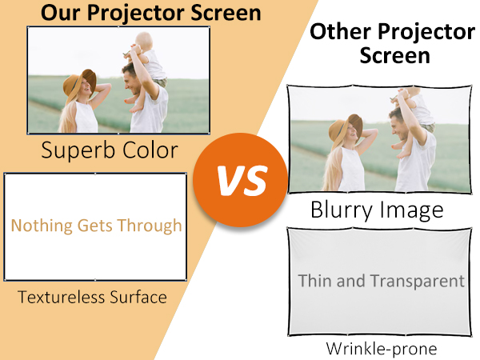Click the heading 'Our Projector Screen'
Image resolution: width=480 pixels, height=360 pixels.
coord(151,13)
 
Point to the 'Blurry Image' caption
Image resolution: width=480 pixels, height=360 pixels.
coord(376,210)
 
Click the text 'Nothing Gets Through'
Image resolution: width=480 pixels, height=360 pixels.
coord(96,226)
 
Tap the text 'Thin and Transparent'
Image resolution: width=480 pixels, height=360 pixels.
coord(381,281)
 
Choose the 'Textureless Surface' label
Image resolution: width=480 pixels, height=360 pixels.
coord(92,298)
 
